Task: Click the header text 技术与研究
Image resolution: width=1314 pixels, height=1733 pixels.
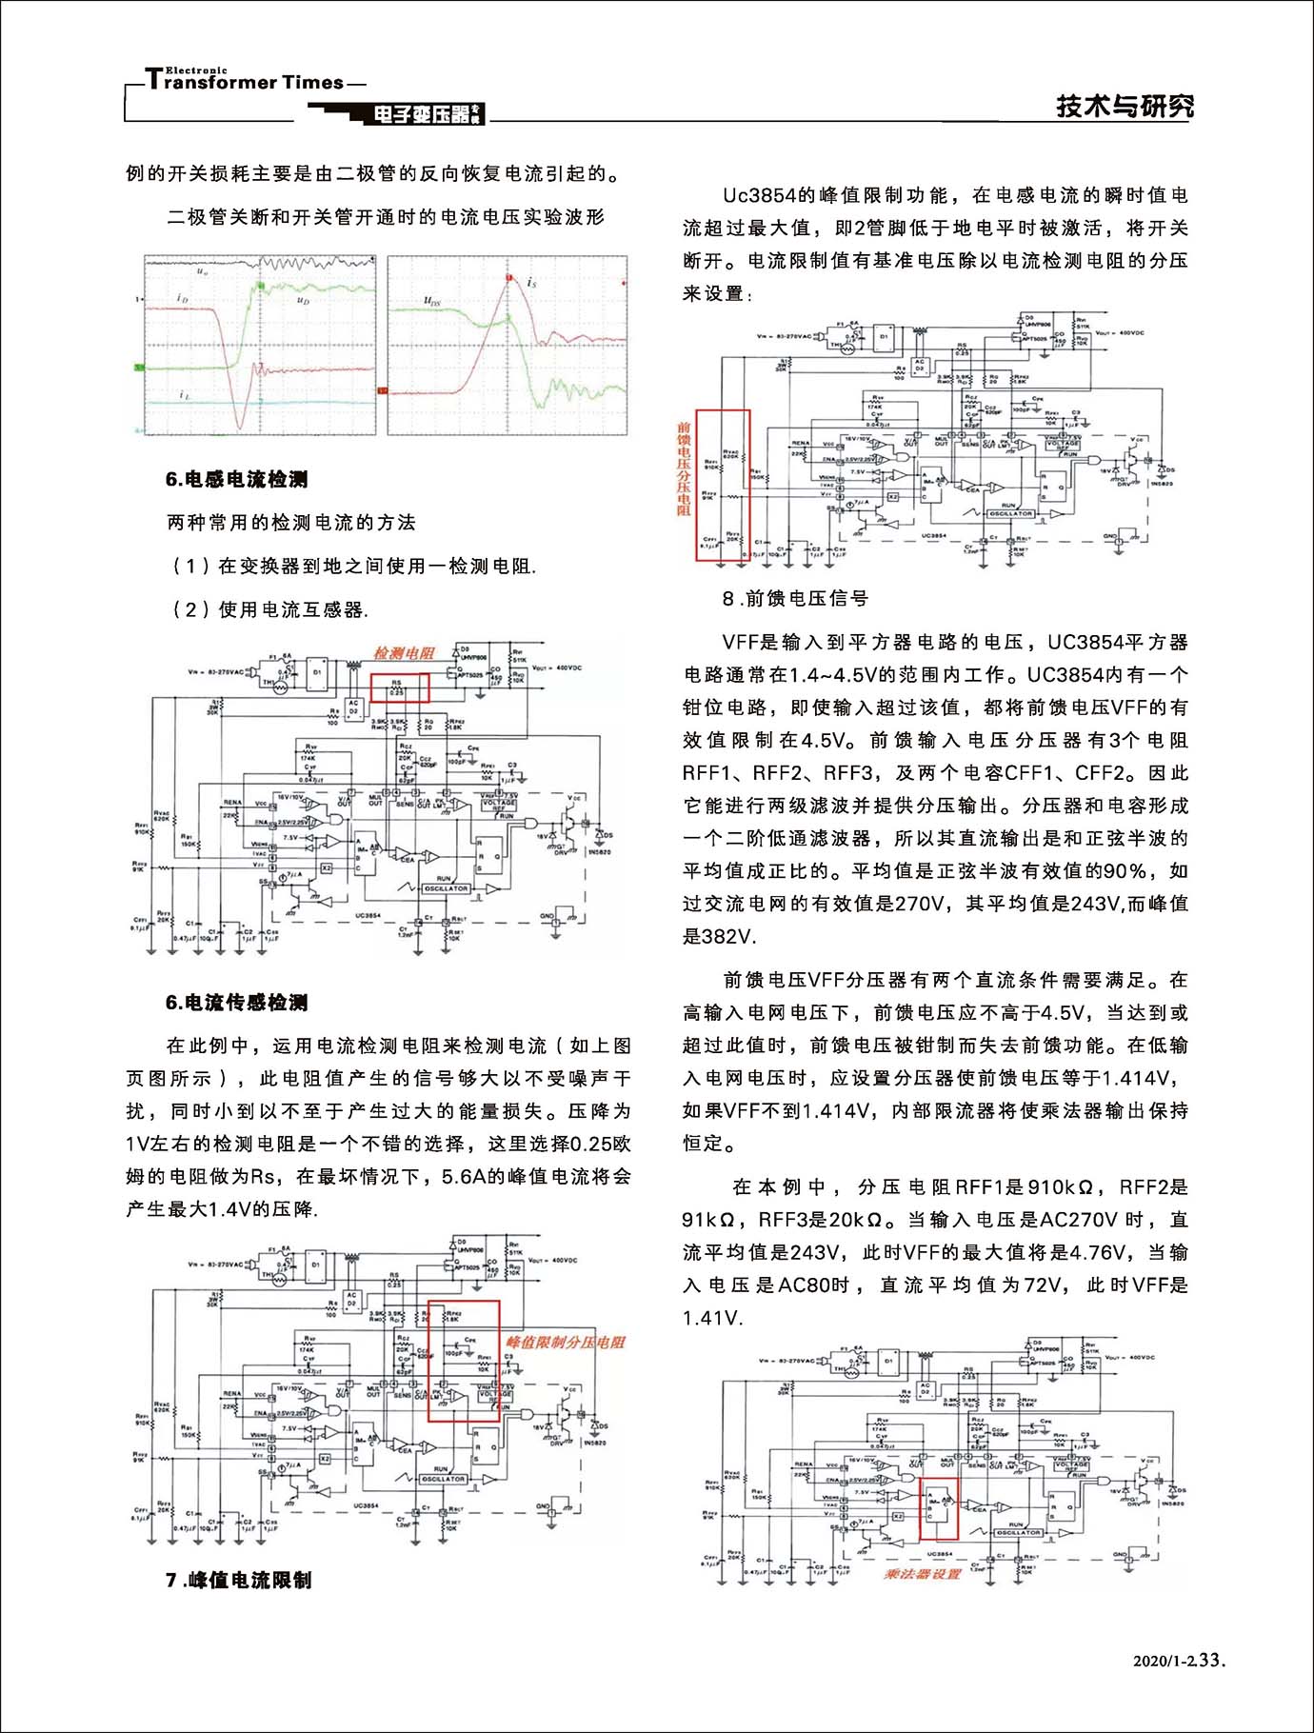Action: pos(1125,106)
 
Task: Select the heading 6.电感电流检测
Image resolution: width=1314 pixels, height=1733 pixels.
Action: pos(236,479)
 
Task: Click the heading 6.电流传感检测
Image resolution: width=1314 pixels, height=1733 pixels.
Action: pos(236,1002)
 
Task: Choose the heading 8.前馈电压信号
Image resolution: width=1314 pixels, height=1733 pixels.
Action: pos(795,598)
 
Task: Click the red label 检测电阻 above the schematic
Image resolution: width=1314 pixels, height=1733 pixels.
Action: pos(404,653)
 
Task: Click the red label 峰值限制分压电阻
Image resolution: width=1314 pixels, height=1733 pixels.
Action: pos(566,1342)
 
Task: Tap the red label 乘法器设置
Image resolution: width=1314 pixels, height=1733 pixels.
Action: pos(922,1574)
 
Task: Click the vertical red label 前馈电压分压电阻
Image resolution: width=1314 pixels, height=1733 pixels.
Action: pos(684,469)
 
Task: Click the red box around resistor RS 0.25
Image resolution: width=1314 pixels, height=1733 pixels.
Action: pos(399,687)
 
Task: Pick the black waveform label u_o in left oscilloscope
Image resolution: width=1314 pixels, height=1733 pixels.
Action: pos(202,271)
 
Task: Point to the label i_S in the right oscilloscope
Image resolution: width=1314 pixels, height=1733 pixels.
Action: pos(531,283)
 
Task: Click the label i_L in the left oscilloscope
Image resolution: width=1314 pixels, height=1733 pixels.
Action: pos(184,394)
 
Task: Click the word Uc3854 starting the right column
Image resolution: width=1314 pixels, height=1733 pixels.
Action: pos(758,196)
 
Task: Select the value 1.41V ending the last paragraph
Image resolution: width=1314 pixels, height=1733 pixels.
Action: pos(710,1318)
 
